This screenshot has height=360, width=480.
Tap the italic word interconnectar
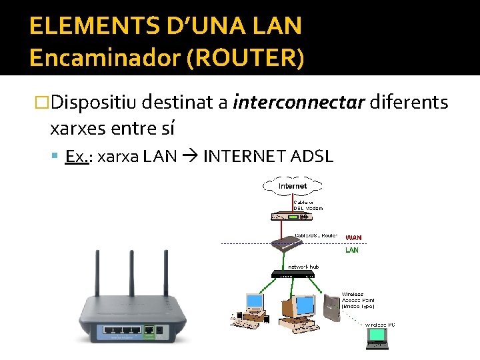[x=299, y=103]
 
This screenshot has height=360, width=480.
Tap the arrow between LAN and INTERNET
[x=191, y=157]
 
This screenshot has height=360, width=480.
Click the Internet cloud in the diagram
[x=293, y=185]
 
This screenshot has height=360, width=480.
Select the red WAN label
[x=353, y=237]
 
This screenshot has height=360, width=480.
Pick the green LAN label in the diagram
[x=351, y=251]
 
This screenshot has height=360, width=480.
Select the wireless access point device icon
[x=331, y=307]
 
